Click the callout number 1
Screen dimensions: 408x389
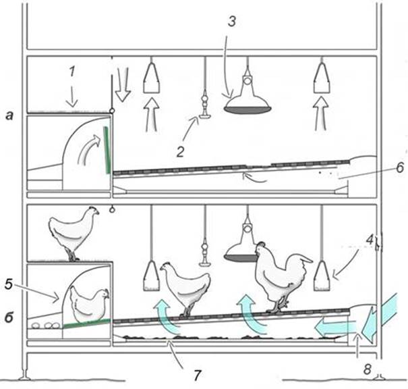coord(72,71)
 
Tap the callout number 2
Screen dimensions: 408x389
coord(180,152)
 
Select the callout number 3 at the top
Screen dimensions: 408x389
coord(232,21)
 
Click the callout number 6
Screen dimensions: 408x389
coord(400,167)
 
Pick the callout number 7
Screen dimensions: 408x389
coord(197,375)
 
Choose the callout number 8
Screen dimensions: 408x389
coord(367,369)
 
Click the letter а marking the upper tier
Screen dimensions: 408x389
coord(9,115)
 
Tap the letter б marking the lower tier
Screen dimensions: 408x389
coord(9,318)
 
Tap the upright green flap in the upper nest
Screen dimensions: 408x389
coord(107,150)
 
